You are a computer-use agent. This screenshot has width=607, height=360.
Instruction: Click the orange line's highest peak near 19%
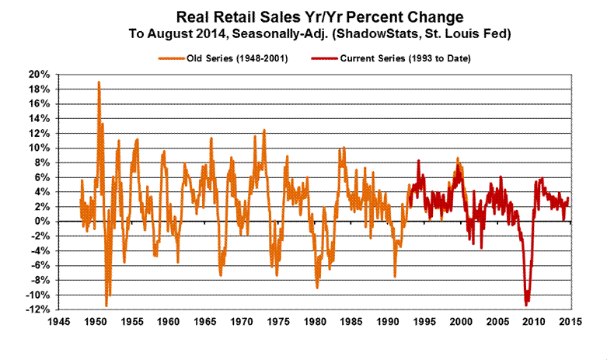coord(99,82)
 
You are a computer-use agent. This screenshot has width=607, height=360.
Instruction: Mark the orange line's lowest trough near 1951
coord(106,306)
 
